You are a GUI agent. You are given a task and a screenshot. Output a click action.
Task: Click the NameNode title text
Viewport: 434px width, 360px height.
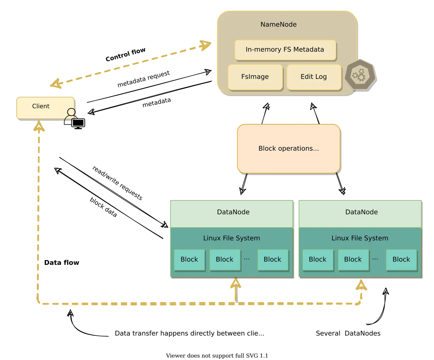(278, 25)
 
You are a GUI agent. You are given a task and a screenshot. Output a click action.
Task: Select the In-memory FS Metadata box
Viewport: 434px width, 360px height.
(285, 50)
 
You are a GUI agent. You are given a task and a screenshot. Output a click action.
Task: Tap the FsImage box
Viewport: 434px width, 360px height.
(255, 77)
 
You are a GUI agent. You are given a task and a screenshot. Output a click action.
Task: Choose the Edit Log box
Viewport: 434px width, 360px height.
(314, 77)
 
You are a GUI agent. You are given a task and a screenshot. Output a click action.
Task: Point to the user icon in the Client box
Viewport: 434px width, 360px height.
(71, 114)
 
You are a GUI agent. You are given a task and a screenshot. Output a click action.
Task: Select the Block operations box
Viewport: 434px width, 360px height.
(288, 149)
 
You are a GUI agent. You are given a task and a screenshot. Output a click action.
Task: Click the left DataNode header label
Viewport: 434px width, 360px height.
(233, 212)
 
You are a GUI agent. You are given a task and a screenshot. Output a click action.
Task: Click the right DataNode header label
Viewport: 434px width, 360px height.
(361, 212)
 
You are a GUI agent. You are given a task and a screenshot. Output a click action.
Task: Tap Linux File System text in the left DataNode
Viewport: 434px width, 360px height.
(231, 238)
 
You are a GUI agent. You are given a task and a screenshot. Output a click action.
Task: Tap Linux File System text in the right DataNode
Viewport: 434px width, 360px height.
(360, 238)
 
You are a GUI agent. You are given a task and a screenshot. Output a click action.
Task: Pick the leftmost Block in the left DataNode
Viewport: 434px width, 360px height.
(189, 259)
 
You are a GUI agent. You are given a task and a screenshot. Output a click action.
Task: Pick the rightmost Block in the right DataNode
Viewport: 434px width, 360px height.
(401, 259)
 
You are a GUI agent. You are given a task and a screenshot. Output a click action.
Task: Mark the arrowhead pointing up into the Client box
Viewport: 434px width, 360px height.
(39, 127)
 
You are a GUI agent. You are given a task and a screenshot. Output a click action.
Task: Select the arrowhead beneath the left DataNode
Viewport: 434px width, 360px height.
(235, 284)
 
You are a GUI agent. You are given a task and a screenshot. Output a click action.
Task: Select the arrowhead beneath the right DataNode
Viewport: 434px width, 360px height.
(361, 286)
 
